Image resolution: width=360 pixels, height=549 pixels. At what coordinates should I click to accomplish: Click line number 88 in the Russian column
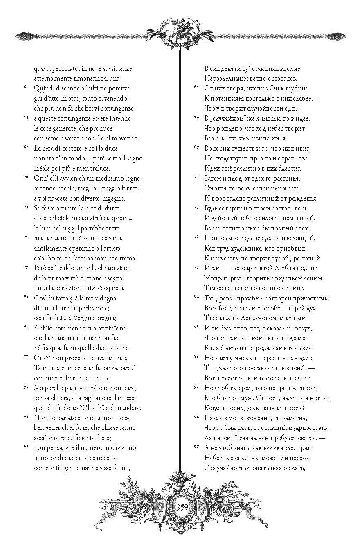(x=196, y=357)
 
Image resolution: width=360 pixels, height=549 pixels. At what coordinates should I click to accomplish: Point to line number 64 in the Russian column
(x=196, y=117)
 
